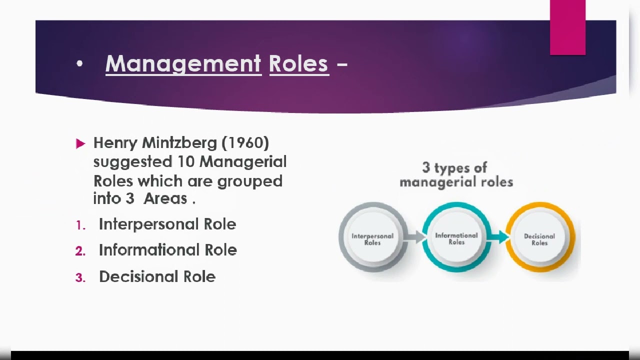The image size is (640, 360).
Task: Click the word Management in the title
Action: pyautogui.click(x=183, y=64)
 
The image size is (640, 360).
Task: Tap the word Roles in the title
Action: pyautogui.click(x=298, y=64)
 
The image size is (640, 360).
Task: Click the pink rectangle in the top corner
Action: pyautogui.click(x=567, y=27)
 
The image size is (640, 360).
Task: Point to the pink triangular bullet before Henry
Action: pyautogui.click(x=80, y=144)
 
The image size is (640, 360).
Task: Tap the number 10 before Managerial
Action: pyautogui.click(x=186, y=162)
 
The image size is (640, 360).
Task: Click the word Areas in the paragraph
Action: pyautogui.click(x=165, y=198)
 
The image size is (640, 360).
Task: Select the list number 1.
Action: pyautogui.click(x=80, y=225)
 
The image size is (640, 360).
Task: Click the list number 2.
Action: pyautogui.click(x=80, y=251)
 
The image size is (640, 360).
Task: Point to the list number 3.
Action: pyautogui.click(x=80, y=278)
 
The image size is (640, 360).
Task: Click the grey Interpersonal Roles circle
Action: pyautogui.click(x=372, y=237)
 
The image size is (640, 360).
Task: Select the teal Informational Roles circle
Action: pyautogui.click(x=456, y=237)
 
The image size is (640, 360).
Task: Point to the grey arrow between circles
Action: pyautogui.click(x=415, y=236)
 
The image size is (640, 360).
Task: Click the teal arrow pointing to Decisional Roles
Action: pyautogui.click(x=498, y=236)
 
